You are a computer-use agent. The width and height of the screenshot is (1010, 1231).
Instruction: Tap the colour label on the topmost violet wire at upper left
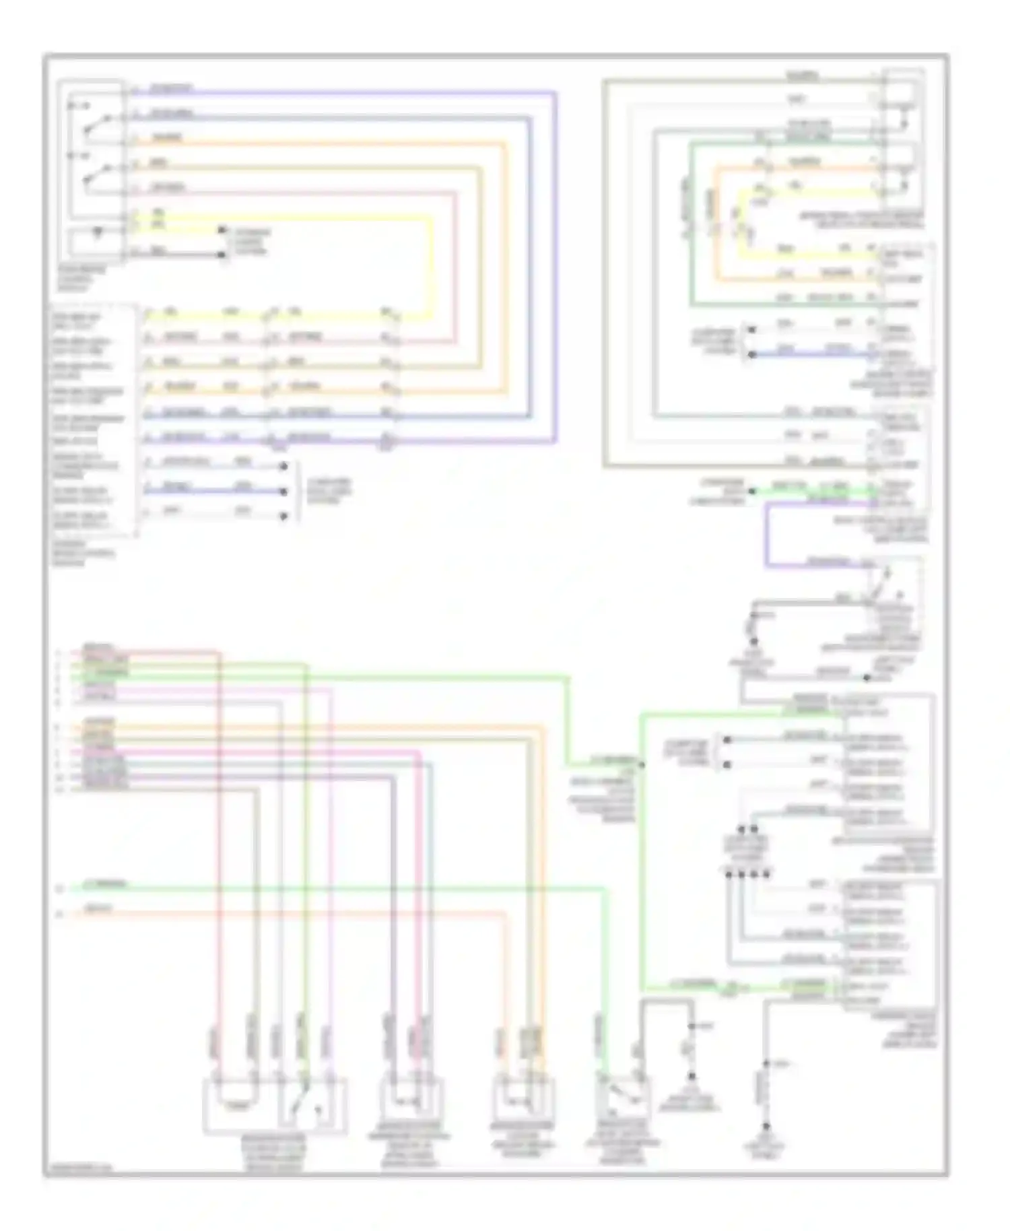click(170, 88)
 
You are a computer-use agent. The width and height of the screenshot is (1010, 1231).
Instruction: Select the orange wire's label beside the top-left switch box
click(166, 138)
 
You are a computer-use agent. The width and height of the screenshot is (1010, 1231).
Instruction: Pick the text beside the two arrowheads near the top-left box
click(250, 242)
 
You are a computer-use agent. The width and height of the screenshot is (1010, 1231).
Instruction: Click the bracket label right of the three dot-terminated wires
click(329, 492)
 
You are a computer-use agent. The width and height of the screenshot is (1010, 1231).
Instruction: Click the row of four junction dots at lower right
click(747, 874)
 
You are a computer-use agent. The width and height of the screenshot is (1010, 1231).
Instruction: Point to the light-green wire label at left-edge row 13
click(104, 884)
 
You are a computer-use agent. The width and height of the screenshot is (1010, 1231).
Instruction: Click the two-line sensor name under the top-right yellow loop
click(861, 220)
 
